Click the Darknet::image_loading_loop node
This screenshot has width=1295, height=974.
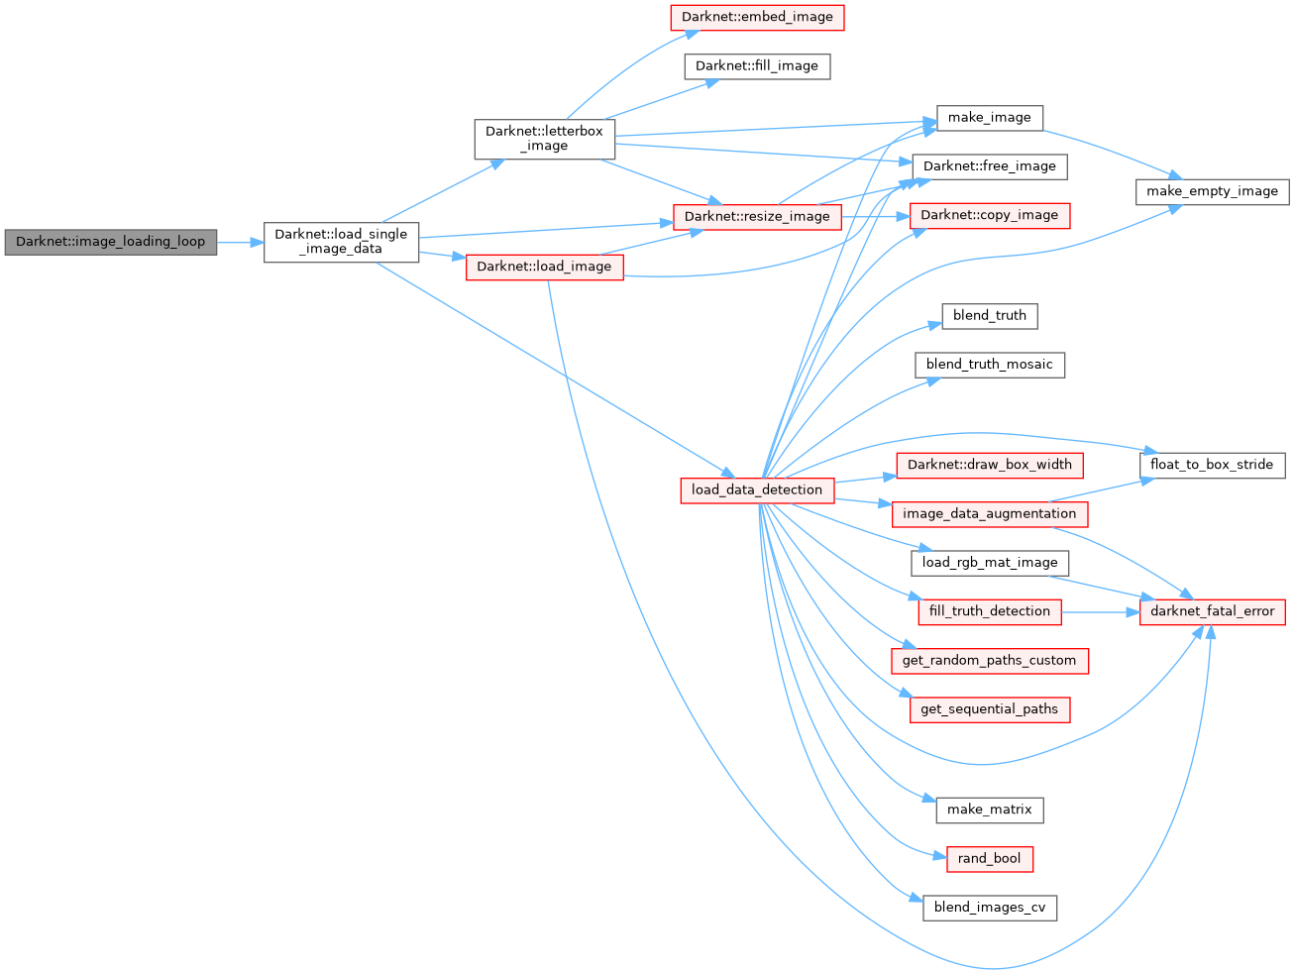(x=110, y=242)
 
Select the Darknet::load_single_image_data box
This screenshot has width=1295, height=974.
(x=341, y=242)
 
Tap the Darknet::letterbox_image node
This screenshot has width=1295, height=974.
(x=544, y=139)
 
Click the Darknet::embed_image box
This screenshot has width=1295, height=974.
(x=757, y=17)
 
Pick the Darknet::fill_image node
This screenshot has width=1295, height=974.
(x=757, y=66)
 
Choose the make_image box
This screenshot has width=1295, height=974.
(x=989, y=118)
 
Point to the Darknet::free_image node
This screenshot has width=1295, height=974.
(x=989, y=166)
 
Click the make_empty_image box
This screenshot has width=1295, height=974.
(x=1212, y=191)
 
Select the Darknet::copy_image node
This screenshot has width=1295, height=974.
(x=989, y=215)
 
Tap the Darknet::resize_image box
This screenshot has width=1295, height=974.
(x=757, y=217)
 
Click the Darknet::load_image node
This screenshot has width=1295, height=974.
(x=544, y=267)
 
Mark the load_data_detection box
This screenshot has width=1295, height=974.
(x=757, y=489)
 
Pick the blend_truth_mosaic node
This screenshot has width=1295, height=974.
(x=989, y=365)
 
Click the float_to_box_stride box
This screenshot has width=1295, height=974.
(x=1212, y=465)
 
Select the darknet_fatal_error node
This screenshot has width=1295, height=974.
(x=1212, y=611)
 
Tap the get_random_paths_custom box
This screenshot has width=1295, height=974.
(x=989, y=661)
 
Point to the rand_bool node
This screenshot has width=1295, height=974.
(x=989, y=859)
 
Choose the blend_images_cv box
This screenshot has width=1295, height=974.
(x=989, y=908)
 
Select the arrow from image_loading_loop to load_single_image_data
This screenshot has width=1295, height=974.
(x=240, y=242)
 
